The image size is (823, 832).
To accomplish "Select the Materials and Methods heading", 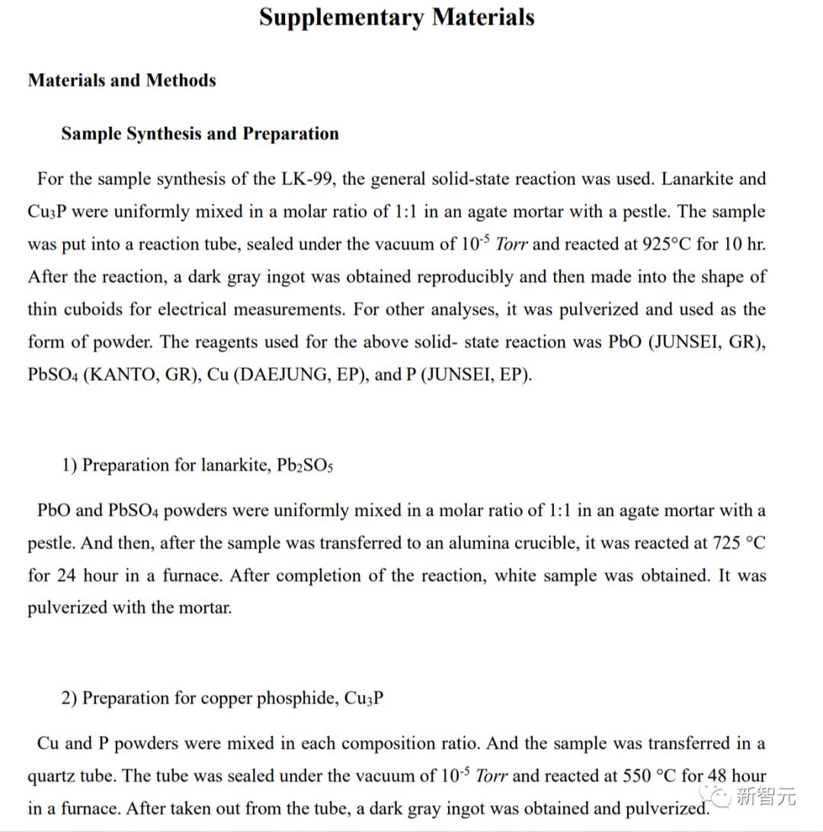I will [x=122, y=80].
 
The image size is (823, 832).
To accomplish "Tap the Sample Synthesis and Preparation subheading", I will [x=200, y=133].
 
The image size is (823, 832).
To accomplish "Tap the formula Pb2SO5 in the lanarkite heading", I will [x=304, y=466].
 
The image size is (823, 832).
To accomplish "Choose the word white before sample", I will [x=520, y=575].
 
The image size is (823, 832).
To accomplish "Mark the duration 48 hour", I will [x=737, y=776].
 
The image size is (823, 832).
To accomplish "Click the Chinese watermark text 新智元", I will [x=765, y=797].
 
